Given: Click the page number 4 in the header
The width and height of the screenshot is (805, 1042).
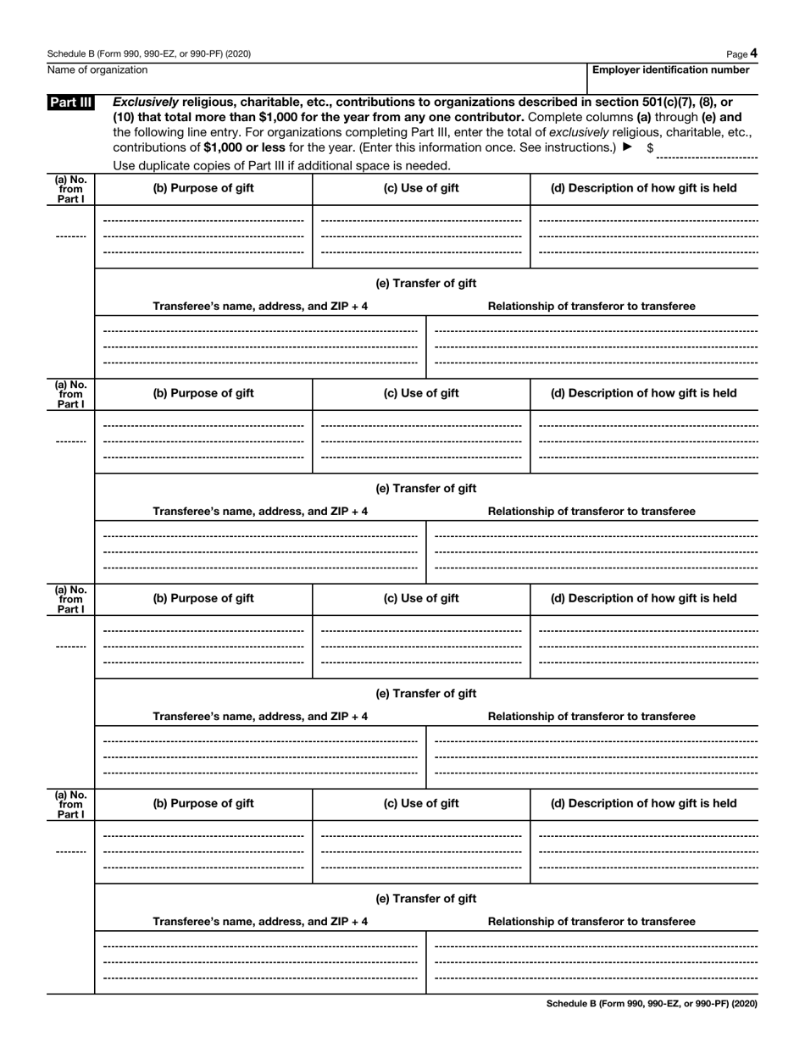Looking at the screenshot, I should point(753,53).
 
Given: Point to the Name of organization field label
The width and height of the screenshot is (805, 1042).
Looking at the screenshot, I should point(97,70).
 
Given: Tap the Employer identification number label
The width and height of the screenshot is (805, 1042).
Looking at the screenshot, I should point(670,70).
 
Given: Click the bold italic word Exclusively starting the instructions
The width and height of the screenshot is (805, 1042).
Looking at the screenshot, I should point(146,103).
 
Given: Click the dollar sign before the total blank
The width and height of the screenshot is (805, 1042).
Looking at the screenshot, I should point(650,147).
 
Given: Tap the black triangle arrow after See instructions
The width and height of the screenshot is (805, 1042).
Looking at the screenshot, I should point(627,147).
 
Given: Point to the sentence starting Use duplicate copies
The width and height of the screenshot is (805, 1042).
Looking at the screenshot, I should point(281,165).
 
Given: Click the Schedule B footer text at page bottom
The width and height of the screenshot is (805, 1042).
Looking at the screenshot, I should point(652,1004).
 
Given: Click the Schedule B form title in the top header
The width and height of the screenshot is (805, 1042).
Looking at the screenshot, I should point(148,53).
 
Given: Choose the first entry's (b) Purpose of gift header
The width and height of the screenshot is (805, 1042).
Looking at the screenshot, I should point(203,188).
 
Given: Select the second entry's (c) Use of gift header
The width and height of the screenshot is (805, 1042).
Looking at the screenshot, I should point(421,393).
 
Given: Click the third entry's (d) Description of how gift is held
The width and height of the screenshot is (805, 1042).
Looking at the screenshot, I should point(643,598).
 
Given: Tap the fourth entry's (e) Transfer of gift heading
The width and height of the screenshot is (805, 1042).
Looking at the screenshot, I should point(425,898).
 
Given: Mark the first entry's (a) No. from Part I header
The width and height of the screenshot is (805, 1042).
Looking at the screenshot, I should point(71,188).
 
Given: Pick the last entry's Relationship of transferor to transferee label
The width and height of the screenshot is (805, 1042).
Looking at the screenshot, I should point(591,922).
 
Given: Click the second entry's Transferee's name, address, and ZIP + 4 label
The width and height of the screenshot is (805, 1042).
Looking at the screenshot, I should point(260,512).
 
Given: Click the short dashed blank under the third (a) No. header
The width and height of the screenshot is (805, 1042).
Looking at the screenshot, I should point(71,647).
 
